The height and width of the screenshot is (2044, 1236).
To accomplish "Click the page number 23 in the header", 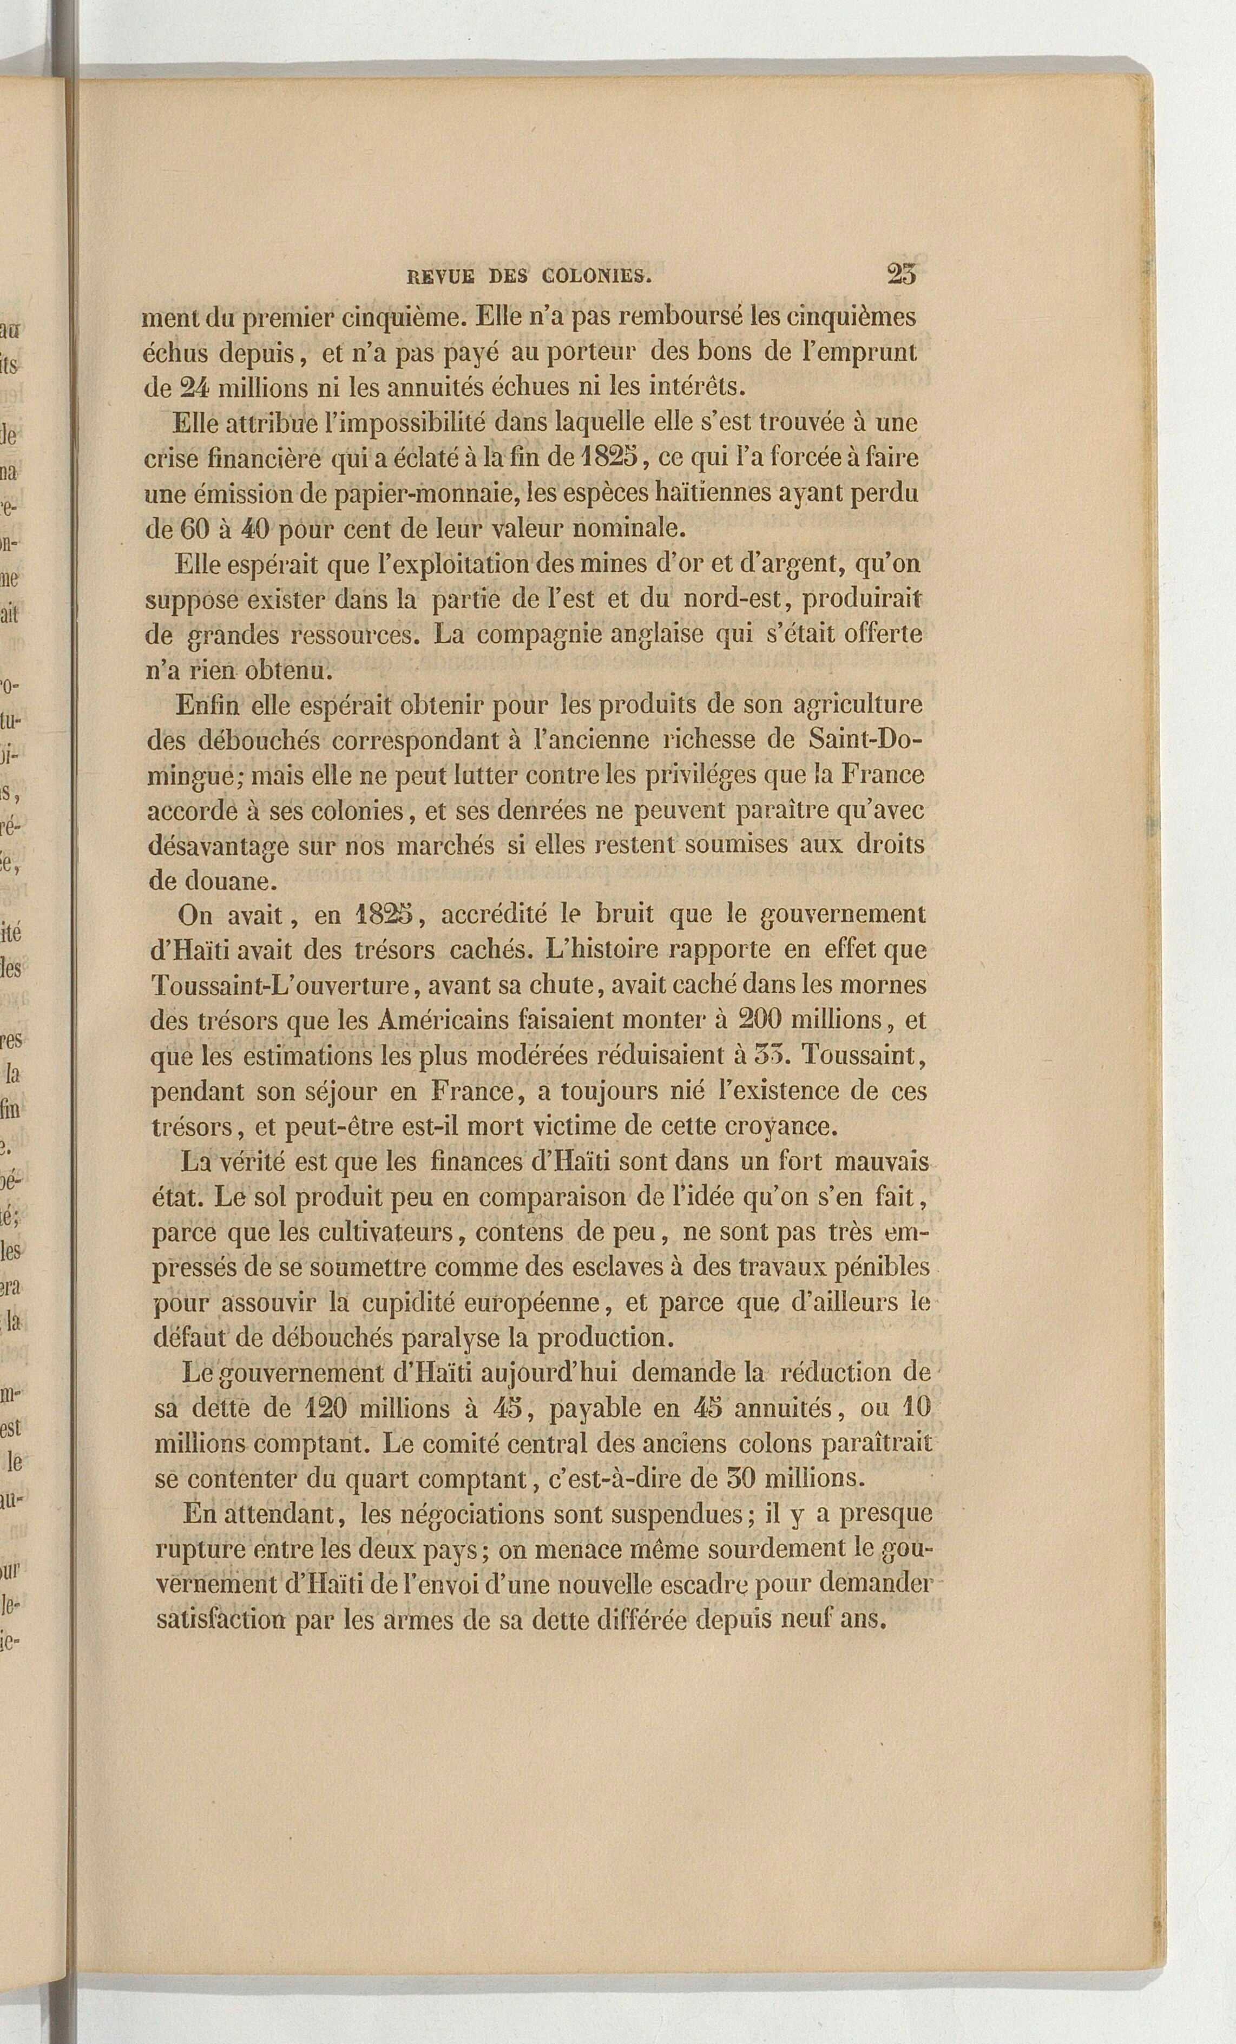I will (x=901, y=275).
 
